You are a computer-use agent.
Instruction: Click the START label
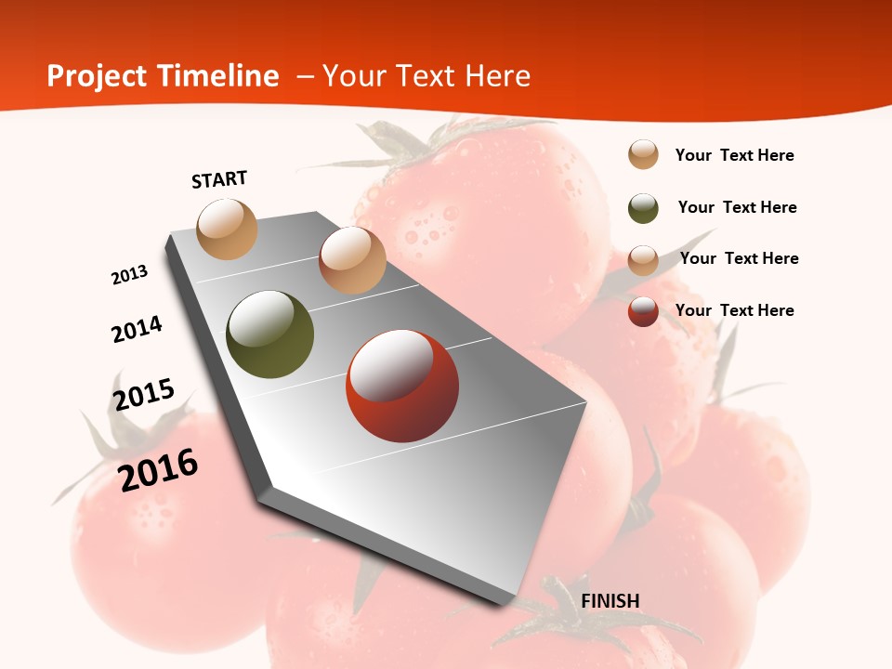(x=219, y=179)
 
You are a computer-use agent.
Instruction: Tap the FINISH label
(x=610, y=601)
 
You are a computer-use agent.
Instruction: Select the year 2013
(x=130, y=275)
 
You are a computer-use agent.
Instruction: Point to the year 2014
(x=137, y=330)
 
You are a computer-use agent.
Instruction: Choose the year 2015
(x=144, y=394)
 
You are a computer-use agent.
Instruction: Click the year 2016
(x=159, y=470)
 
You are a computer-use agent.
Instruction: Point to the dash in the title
(x=304, y=76)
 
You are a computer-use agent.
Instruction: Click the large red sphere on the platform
(x=402, y=386)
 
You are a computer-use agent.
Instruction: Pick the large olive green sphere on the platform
(x=269, y=334)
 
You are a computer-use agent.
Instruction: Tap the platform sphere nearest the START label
(x=227, y=229)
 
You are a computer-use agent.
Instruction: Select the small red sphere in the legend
(x=643, y=311)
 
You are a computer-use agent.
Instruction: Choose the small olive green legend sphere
(x=643, y=208)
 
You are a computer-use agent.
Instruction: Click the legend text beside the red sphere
(x=734, y=310)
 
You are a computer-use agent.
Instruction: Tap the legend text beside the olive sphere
(x=737, y=207)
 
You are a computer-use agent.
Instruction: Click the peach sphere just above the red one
(x=352, y=260)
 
